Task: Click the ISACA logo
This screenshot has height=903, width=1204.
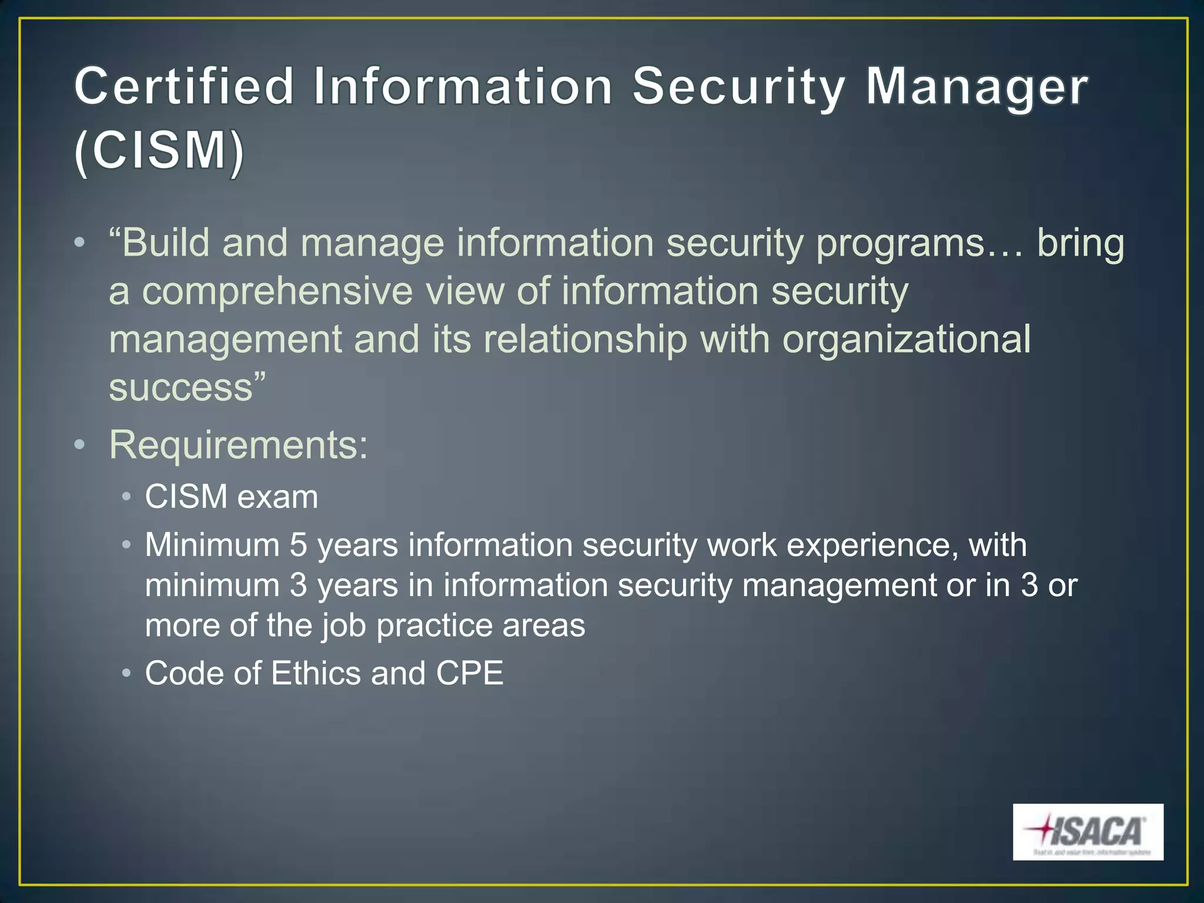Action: [x=1088, y=831]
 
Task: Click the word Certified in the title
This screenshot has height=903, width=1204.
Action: [x=184, y=87]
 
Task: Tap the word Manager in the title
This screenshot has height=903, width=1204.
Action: [x=976, y=87]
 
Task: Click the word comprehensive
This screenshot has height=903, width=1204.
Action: [x=277, y=292]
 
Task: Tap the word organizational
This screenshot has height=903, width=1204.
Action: [x=906, y=339]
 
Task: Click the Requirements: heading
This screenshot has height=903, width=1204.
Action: [x=239, y=445]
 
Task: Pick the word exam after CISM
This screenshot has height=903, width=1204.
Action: [x=277, y=497]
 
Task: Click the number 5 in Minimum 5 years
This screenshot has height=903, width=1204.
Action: [x=298, y=545]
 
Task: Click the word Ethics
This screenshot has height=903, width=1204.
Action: [x=315, y=673]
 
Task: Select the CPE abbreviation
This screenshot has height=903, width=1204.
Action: [x=469, y=673]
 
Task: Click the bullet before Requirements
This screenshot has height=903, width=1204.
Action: [x=80, y=445]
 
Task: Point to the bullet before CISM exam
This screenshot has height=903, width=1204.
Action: [x=126, y=497]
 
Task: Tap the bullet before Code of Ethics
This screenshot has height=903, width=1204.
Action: [x=126, y=673]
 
